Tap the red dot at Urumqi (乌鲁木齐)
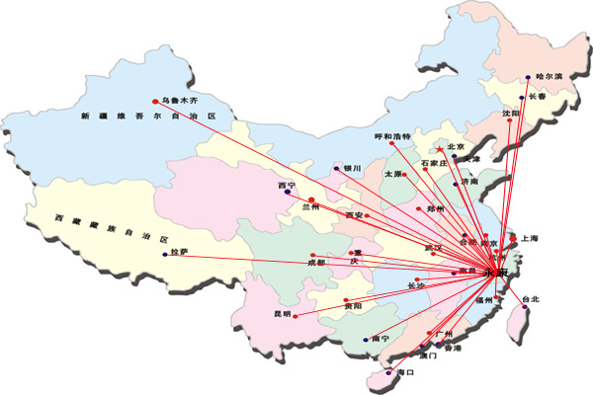pos(155,100)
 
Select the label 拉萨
pos(180,254)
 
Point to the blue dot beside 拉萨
pos(164,255)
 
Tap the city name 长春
pos(537,97)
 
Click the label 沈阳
pos(510,114)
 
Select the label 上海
pos(529,238)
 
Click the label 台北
pos(532,298)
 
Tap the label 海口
pos(402,373)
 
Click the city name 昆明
pos(282,314)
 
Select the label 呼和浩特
pos(391,136)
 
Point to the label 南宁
pos(381,339)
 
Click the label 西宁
pos(287,184)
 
